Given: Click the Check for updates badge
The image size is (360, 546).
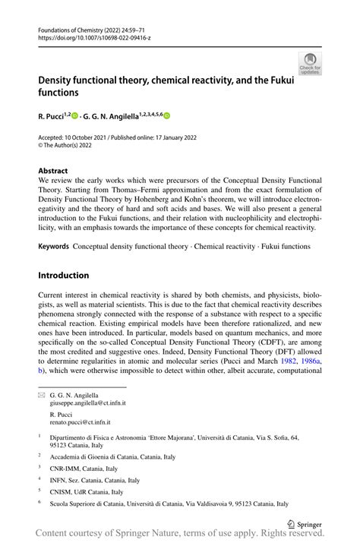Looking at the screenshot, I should point(310,63).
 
